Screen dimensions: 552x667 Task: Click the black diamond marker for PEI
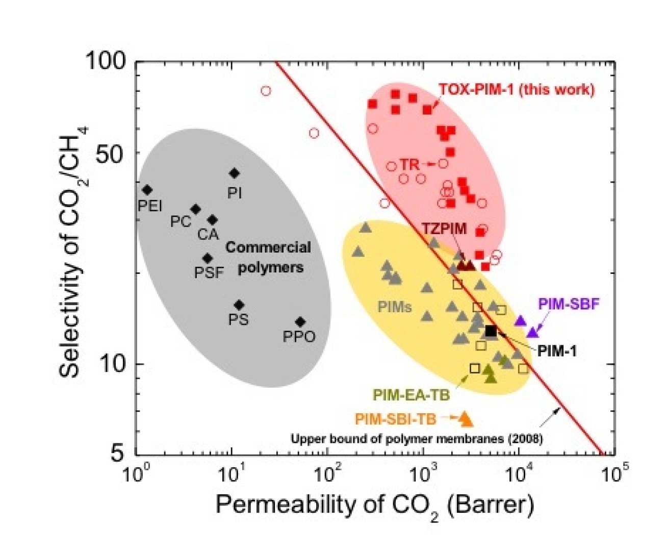point(147,190)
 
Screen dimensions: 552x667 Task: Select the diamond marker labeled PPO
point(300,322)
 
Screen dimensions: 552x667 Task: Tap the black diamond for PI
point(234,173)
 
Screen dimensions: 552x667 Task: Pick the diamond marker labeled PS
point(239,305)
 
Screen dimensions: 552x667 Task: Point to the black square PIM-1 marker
point(491,331)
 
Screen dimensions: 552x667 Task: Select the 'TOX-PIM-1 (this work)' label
point(516,90)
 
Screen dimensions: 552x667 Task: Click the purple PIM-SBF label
point(569,304)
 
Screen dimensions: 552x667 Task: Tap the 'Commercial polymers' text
point(269,257)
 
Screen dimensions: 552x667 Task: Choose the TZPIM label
point(444,229)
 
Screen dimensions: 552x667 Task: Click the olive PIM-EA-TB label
point(412,395)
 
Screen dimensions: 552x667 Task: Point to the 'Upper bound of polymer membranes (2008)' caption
point(417,438)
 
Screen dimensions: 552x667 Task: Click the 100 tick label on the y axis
point(106,61)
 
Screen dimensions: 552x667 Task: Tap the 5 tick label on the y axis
point(118,453)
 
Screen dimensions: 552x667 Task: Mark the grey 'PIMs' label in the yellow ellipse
point(394,307)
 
